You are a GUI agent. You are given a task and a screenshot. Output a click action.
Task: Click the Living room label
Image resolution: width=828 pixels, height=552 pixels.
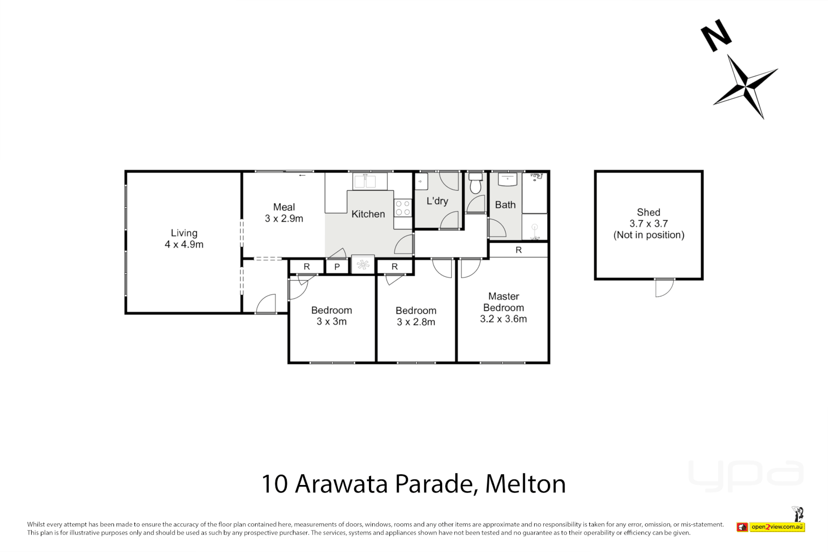pyautogui.click(x=184, y=239)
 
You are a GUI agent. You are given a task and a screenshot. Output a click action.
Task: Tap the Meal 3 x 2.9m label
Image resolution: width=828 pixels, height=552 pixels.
pyautogui.click(x=284, y=213)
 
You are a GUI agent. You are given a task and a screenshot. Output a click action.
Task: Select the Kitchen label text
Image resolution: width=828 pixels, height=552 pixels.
pyautogui.click(x=368, y=214)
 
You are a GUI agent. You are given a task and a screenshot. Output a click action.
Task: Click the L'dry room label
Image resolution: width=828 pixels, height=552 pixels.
pyautogui.click(x=437, y=201)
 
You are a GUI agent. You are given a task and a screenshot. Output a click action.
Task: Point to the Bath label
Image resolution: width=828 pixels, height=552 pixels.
pyautogui.click(x=505, y=205)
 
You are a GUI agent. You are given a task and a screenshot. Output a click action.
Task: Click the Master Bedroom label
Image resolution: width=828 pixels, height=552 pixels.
pyautogui.click(x=503, y=307)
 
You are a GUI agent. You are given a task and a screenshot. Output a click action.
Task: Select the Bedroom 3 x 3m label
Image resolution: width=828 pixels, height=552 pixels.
pyautogui.click(x=331, y=316)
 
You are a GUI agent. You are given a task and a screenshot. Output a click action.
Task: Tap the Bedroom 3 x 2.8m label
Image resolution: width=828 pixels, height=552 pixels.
pyautogui.click(x=416, y=316)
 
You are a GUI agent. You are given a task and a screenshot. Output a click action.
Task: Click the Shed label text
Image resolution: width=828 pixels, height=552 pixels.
pyautogui.click(x=648, y=223)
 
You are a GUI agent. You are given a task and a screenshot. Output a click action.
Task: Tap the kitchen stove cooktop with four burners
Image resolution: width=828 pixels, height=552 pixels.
pyautogui.click(x=403, y=208)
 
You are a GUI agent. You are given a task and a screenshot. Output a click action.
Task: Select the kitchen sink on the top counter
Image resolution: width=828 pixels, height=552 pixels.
pyautogui.click(x=364, y=181)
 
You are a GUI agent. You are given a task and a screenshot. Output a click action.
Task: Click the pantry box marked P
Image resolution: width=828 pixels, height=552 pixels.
pyautogui.click(x=337, y=267)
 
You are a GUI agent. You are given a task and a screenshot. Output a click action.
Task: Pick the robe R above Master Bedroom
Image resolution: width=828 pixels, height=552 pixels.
pyautogui.click(x=518, y=250)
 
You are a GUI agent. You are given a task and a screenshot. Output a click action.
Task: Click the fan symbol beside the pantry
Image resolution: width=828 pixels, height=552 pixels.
pyautogui.click(x=363, y=265)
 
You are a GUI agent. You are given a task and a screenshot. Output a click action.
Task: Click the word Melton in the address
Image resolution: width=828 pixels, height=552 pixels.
pyautogui.click(x=525, y=484)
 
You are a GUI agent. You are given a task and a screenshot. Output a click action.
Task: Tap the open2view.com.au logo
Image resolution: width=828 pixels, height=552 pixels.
pyautogui.click(x=777, y=527)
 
